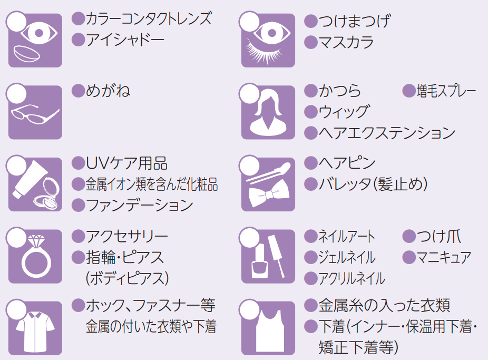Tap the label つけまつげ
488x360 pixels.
pyautogui.click(x=355, y=22)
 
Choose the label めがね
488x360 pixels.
pyautogui.click(x=108, y=91)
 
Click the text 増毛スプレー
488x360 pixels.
pyautogui.click(x=446, y=91)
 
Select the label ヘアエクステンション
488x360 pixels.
pyautogui.click(x=387, y=133)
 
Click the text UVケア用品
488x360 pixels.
pyautogui.click(x=126, y=163)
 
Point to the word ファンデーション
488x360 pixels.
pyautogui.click(x=140, y=205)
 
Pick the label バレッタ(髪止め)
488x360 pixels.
pyautogui.click(x=373, y=184)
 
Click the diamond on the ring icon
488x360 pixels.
pyautogui.click(x=35, y=241)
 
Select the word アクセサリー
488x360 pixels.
pyautogui.click(x=127, y=236)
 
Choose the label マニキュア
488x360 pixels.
pyautogui.click(x=444, y=257)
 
